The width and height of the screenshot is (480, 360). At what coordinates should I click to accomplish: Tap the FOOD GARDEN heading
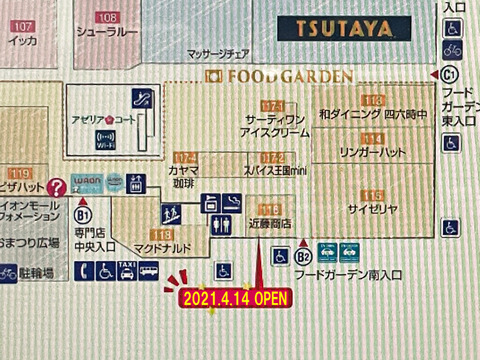coord(279,76)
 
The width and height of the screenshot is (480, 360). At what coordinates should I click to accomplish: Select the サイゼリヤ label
coord(372,210)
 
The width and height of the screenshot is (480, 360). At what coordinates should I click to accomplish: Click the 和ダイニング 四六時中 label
coord(371,114)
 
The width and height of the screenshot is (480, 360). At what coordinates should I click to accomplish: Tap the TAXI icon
coord(126,270)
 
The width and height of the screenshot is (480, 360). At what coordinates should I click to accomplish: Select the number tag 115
coord(372,194)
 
